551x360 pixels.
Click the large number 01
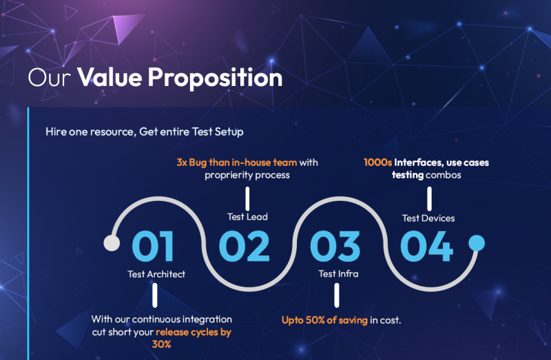153,246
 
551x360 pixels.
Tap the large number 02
245,246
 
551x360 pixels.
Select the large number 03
335,246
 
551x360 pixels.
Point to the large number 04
426,246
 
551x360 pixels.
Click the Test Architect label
156,274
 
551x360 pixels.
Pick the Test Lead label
247,217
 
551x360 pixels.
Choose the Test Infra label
338,273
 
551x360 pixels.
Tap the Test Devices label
428,218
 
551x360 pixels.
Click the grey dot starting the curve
112,243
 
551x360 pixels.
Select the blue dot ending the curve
477,243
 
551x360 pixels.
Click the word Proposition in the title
215,78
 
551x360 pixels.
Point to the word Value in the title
110,77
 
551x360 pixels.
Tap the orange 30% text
162,344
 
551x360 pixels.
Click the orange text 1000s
377,162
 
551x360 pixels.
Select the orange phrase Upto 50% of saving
324,320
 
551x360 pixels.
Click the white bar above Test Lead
247,198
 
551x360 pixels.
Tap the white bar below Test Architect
154,295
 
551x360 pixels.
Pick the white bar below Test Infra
337,295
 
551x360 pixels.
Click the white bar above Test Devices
429,198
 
